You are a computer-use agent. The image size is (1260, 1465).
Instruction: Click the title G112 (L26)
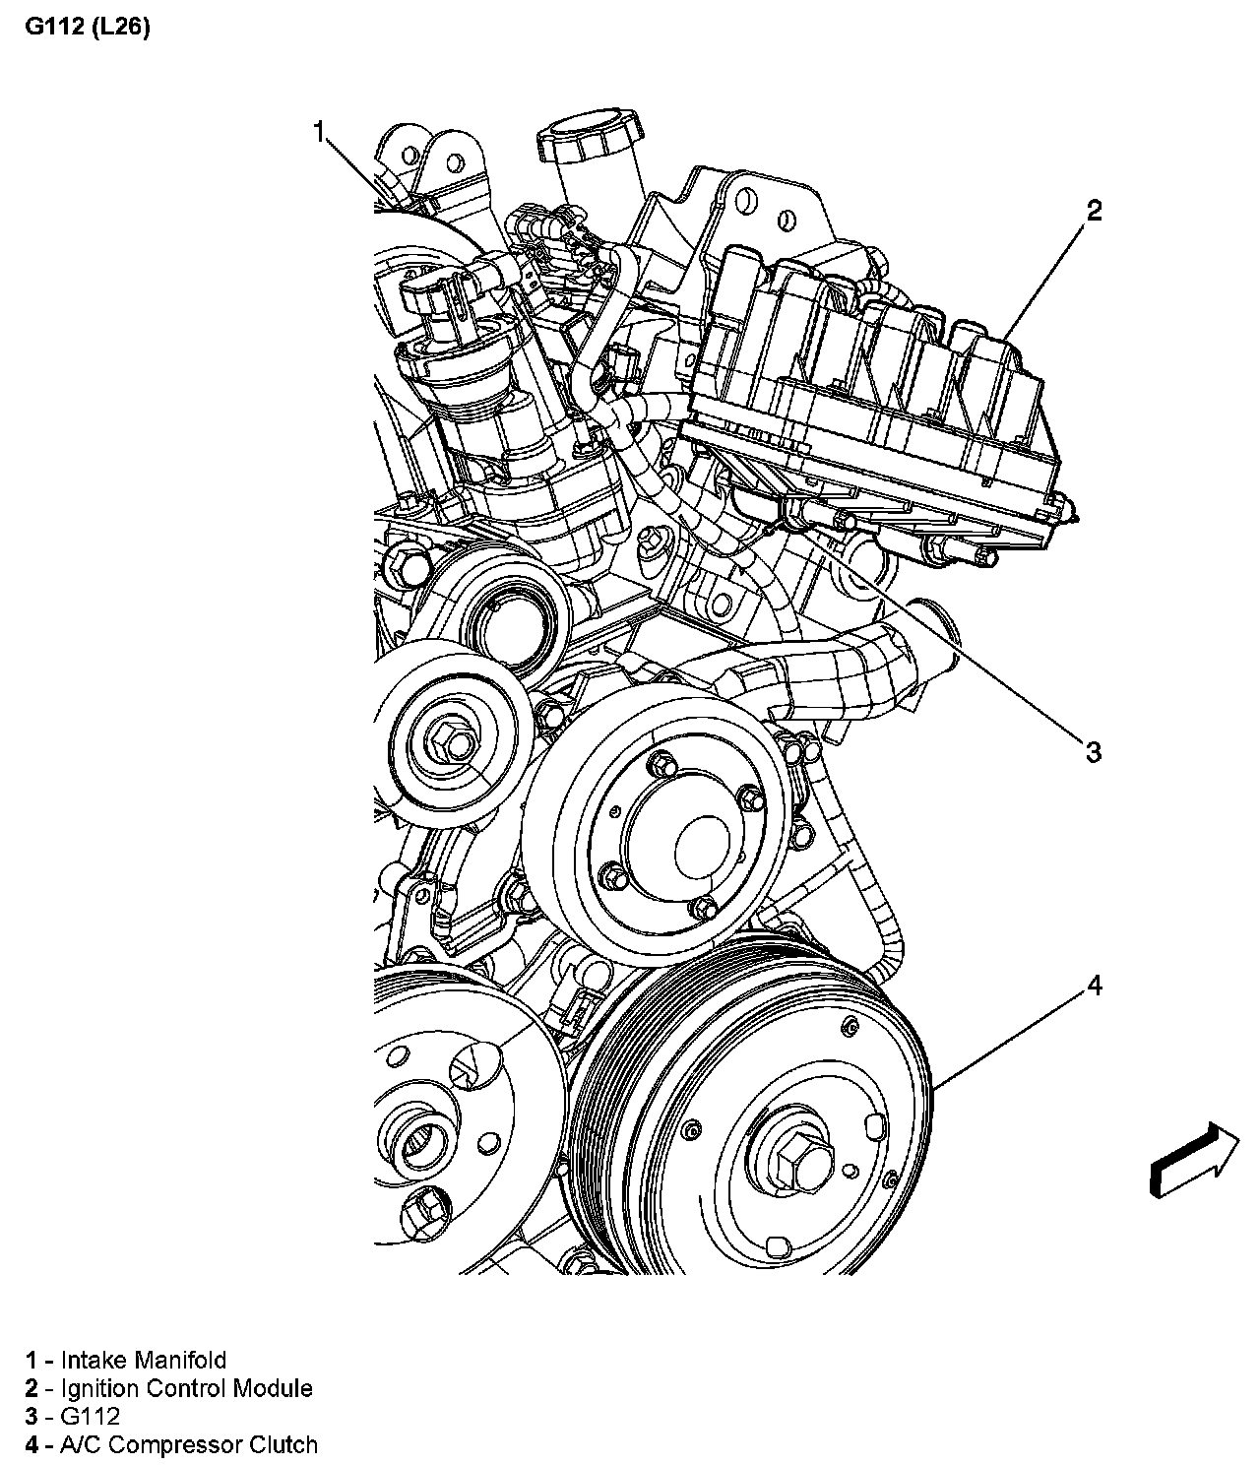click(x=87, y=29)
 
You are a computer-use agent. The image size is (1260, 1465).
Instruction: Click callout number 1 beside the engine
click(x=318, y=131)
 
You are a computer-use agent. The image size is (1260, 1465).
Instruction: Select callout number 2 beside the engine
click(x=1094, y=210)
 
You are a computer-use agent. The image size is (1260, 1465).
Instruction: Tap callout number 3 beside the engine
click(x=1093, y=752)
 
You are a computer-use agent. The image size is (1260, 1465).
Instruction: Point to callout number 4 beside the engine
click(x=1094, y=986)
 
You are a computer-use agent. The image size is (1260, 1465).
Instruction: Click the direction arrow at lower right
click(x=1194, y=1161)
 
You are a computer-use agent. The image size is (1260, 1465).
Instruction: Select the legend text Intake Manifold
click(x=144, y=1360)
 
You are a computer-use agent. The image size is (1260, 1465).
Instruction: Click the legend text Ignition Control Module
click(x=186, y=1388)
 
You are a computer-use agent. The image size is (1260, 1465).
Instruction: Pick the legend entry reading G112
click(x=91, y=1417)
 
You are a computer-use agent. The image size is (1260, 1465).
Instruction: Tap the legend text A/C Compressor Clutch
click(x=189, y=1445)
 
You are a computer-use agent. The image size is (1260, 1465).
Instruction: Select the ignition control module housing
click(x=876, y=394)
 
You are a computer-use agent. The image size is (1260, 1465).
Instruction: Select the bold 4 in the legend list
click(x=32, y=1445)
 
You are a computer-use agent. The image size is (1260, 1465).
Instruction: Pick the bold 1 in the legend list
click(x=32, y=1360)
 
